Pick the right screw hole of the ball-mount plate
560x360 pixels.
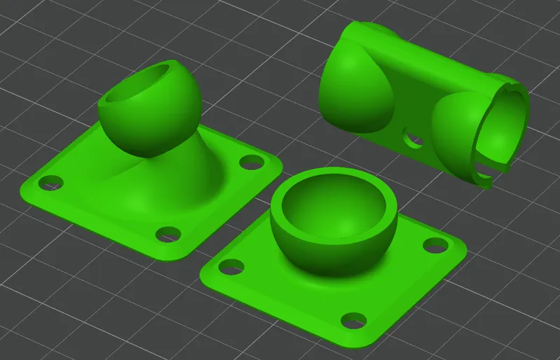[248, 162]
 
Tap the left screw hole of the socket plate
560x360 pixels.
[230, 267]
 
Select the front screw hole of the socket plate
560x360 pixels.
[352, 321]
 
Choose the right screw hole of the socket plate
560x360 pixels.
[435, 245]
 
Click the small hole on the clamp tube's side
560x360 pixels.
[413, 139]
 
